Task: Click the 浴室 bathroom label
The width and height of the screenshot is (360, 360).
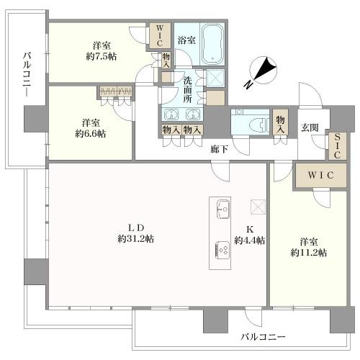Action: click(x=186, y=40)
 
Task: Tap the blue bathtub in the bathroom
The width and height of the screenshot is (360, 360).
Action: click(x=212, y=42)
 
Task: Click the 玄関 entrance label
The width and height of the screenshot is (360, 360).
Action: click(x=310, y=127)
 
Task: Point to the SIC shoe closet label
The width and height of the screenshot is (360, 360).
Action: click(x=337, y=145)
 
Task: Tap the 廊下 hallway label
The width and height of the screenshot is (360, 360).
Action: click(x=220, y=150)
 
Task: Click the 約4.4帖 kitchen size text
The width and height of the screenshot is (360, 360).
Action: click(x=249, y=240)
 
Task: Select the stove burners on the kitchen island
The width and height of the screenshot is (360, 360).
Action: click(x=222, y=250)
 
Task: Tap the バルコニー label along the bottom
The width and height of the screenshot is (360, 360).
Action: click(x=263, y=337)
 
